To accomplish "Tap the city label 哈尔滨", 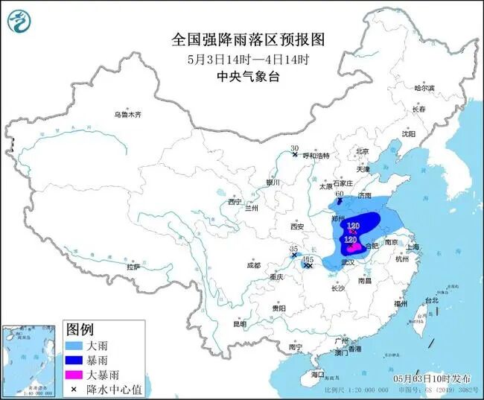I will (x=424, y=88).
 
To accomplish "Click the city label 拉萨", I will (x=133, y=267).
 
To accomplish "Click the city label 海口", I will (x=318, y=374).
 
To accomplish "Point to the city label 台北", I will (x=431, y=301).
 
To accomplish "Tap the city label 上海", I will (x=413, y=247).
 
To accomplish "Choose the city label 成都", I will (x=252, y=265).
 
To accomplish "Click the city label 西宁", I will (x=235, y=202).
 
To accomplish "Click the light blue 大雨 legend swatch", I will (x=75, y=346).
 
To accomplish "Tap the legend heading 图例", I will (x=80, y=329).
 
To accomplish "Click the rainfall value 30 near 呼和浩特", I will (x=294, y=148).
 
